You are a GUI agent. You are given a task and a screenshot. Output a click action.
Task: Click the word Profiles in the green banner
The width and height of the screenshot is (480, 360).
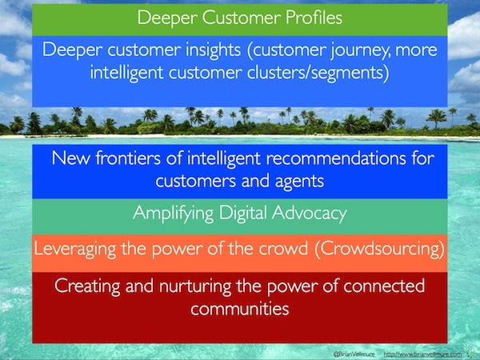pos(314,18)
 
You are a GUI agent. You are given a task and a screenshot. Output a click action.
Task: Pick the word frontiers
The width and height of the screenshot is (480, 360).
pos(128,158)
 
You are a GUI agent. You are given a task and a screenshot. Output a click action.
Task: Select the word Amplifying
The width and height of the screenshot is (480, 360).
pos(174,214)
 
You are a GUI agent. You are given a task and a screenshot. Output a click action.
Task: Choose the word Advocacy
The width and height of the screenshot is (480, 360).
pos(309,213)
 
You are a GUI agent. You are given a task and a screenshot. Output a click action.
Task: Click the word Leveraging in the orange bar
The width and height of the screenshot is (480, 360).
pos(75,249)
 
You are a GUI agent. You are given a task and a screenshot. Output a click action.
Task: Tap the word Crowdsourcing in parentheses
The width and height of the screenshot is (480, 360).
pos(379,249)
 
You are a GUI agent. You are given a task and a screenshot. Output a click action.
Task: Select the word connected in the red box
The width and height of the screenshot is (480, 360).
pos(384,286)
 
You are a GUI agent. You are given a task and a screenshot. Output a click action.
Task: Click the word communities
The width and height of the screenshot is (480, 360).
pos(240,308)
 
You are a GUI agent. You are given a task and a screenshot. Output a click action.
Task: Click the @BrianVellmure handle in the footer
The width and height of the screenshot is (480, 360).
pos(354,354)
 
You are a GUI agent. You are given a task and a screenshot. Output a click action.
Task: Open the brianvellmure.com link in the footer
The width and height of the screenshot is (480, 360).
pos(422,354)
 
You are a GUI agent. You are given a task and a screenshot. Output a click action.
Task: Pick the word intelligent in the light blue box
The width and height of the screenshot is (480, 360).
pos(126,73)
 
